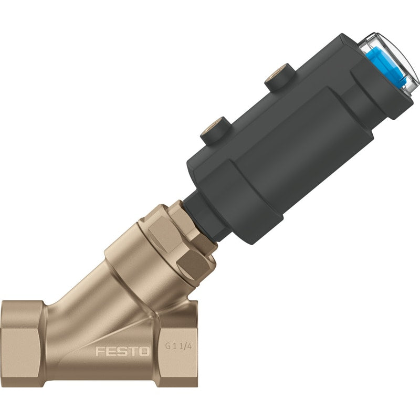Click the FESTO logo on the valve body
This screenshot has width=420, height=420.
pyautogui.click(x=122, y=351)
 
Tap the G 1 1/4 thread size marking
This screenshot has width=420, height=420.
pyautogui.click(x=178, y=346)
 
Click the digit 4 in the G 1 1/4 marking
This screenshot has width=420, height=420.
pyautogui.click(x=190, y=346)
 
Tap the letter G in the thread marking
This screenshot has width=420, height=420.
pyautogui.click(x=167, y=346)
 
